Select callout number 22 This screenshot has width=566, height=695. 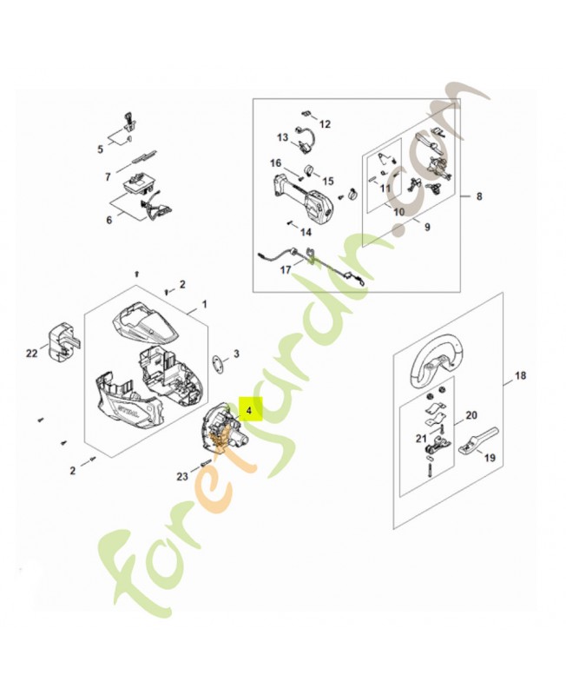[x=32, y=353]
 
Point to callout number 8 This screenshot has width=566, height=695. [x=478, y=197]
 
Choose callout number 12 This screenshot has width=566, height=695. [x=325, y=124]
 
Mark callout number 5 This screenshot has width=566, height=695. [x=101, y=149]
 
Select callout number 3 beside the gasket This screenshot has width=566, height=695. [x=236, y=354]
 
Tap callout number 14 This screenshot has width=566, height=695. [x=305, y=232]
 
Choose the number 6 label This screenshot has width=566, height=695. [x=109, y=221]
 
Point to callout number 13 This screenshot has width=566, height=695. [x=282, y=137]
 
